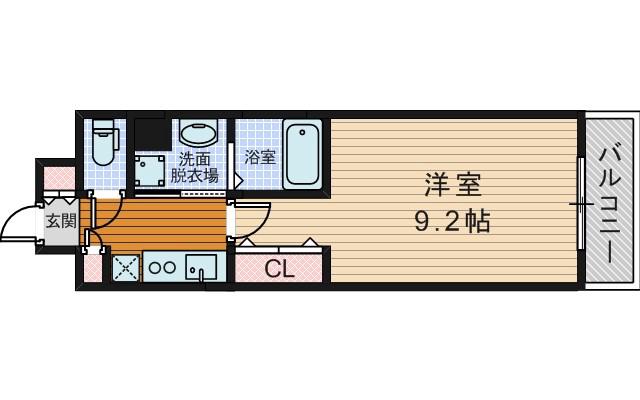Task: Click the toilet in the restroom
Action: pyautogui.click(x=104, y=144)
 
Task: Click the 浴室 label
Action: pyautogui.click(x=260, y=158)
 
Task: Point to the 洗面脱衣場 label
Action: pyautogui.click(x=194, y=167)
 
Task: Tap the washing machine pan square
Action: pyautogui.click(x=153, y=170)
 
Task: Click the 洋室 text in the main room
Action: pyautogui.click(x=452, y=186)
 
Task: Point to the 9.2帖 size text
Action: pyautogui.click(x=452, y=221)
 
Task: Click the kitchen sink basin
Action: pyautogui.click(x=201, y=268)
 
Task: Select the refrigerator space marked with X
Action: pyautogui.click(x=125, y=268)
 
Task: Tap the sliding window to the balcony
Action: pyautogui.click(x=580, y=203)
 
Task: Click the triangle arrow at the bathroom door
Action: pyautogui.click(x=238, y=181)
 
